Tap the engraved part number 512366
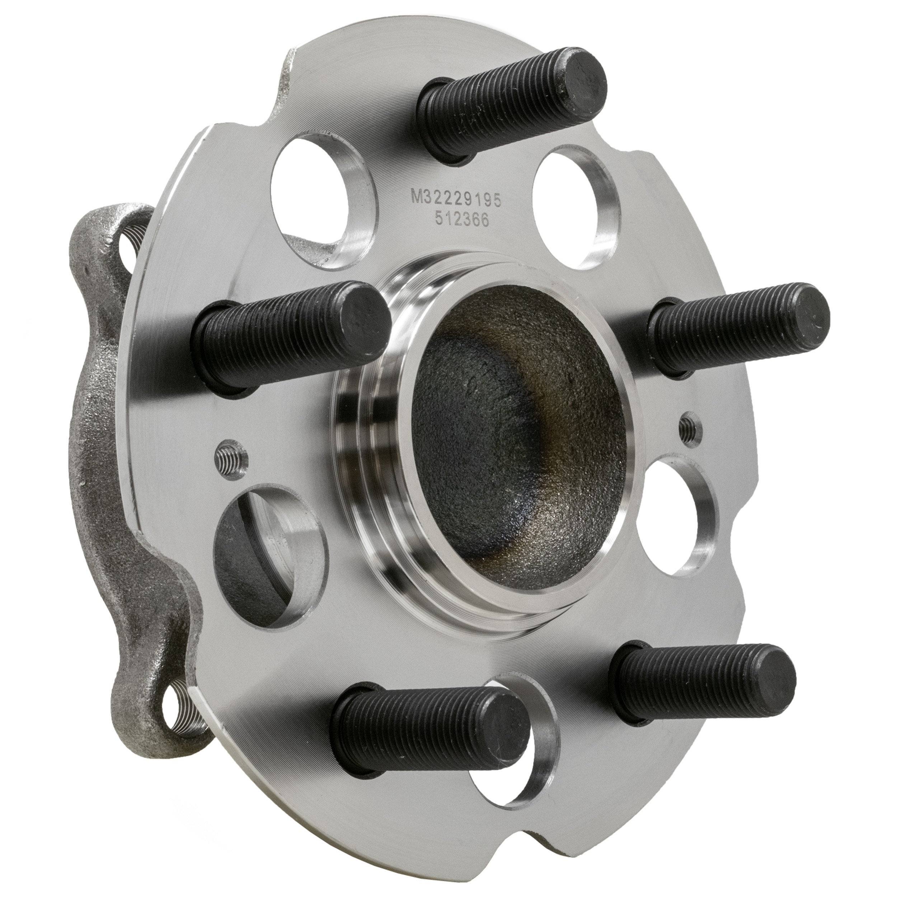coord(462,220)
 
